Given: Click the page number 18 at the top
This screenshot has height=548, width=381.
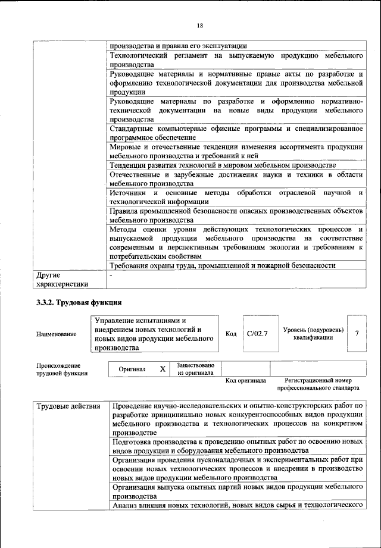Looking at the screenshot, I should click(x=200, y=26).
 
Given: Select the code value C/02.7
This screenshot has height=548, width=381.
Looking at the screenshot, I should click(x=257, y=334).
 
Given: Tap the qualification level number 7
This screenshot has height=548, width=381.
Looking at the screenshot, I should click(x=356, y=334).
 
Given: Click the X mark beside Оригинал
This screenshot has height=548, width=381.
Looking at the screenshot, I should click(x=162, y=369).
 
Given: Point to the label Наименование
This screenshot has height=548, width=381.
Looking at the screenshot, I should click(x=56, y=334).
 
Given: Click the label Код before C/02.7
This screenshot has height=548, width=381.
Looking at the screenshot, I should click(x=232, y=334).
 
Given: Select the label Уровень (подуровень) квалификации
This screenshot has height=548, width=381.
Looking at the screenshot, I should click(x=313, y=334).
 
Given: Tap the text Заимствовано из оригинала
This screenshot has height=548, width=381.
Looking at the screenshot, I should click(x=196, y=369).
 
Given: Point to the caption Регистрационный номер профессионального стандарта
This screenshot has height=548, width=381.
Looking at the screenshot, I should click(x=321, y=384).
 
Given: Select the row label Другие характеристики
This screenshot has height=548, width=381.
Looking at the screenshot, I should click(x=62, y=280).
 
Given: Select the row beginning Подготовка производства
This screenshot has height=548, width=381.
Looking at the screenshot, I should click(x=237, y=446).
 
